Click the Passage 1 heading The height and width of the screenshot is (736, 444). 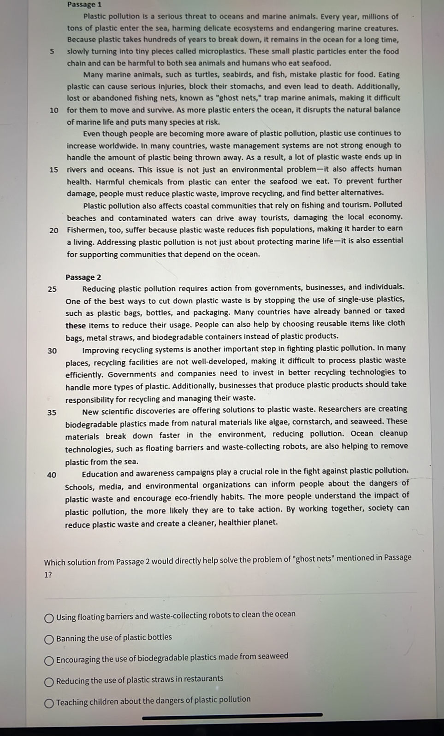point(84,5)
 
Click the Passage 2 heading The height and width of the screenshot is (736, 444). point(83,277)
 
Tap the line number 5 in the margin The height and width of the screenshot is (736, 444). point(52,51)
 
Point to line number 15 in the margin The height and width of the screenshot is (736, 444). point(54,170)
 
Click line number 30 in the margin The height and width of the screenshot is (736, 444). point(52,351)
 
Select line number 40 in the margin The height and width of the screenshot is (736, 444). point(52,475)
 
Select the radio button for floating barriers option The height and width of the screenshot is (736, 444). point(49,618)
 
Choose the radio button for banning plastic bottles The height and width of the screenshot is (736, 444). point(49,639)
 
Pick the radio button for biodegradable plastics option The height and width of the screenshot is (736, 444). point(49,661)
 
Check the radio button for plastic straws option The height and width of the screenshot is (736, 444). point(49,682)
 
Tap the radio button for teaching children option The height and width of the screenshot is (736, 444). point(49,703)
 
